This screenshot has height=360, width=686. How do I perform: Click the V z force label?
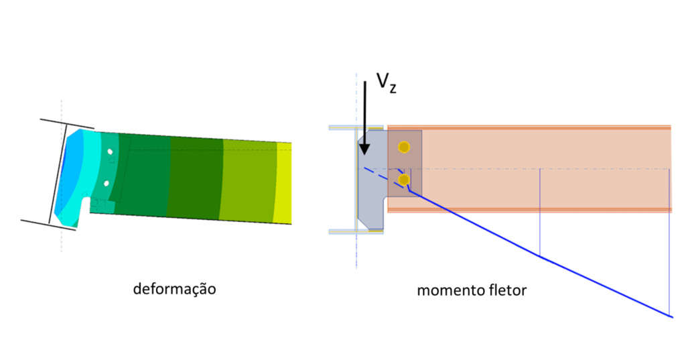385,82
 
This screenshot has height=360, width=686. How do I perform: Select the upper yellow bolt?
403,147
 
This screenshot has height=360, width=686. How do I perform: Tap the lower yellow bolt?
403,180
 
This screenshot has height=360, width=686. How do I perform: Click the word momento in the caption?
447,291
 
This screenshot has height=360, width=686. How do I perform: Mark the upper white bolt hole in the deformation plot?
109,152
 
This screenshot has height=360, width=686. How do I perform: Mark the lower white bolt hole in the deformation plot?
106,183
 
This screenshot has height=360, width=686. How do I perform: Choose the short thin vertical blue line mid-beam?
540,212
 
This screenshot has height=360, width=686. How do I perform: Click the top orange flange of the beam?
529,127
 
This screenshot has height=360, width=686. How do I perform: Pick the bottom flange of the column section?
356,232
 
